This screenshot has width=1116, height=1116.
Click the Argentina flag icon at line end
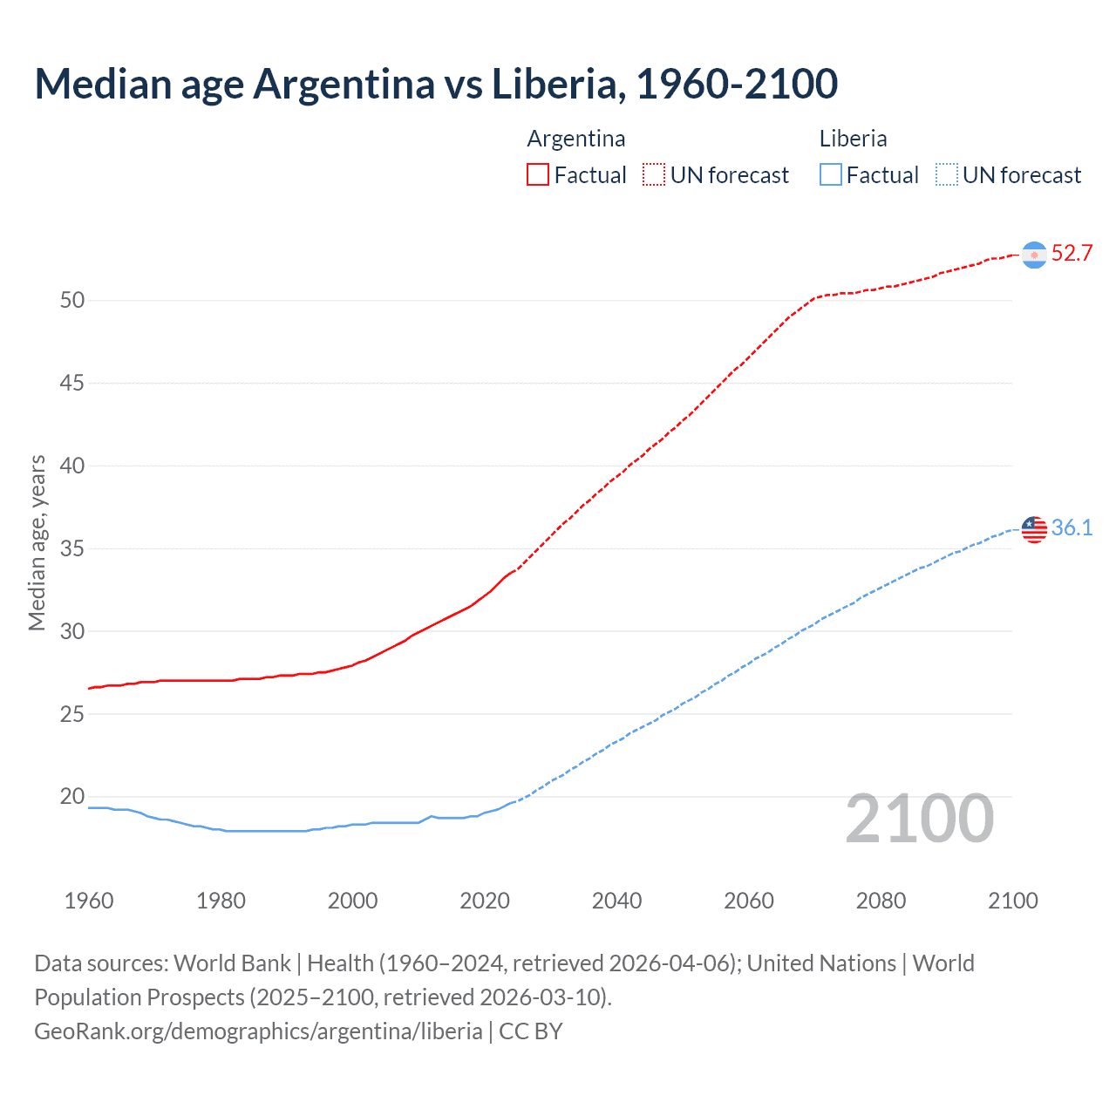tap(1034, 255)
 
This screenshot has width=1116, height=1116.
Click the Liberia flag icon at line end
tap(1034, 529)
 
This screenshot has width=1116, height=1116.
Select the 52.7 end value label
tap(1072, 254)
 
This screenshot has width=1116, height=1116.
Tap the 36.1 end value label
tap(1072, 528)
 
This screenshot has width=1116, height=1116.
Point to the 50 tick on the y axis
tap(72, 301)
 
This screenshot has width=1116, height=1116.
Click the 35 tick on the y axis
tap(72, 549)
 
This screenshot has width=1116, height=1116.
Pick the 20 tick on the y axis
tap(72, 797)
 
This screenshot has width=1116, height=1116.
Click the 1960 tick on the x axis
tap(89, 901)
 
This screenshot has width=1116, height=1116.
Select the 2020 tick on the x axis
tap(485, 901)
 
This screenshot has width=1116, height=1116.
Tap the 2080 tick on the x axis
tap(881, 901)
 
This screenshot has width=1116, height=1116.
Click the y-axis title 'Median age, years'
tap(37, 542)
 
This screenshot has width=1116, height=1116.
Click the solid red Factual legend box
tap(538, 175)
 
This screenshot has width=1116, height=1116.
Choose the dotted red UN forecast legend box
tap(654, 175)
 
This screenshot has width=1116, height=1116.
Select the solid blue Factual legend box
tap(831, 175)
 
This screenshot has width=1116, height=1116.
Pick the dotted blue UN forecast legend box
tap(946, 175)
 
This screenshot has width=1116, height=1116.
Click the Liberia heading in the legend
tap(853, 139)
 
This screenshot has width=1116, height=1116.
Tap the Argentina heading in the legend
tap(576, 139)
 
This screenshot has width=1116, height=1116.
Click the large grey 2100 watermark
tap(919, 819)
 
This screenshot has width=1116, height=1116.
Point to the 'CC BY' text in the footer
tap(531, 1031)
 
